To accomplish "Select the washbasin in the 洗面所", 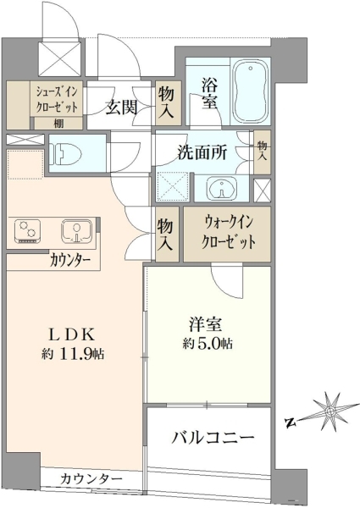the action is click(222, 188).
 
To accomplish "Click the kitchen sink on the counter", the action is click(76, 230).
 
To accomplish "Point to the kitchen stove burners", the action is click(27, 230).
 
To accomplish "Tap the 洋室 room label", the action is click(206, 325).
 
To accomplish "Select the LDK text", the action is click(71, 335).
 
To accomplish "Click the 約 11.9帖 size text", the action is click(73, 354).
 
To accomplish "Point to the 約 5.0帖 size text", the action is click(208, 344).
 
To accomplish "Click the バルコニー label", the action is click(213, 439).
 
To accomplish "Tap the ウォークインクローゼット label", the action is click(228, 233).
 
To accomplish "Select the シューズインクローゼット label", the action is click(57, 100).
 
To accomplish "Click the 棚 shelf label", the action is click(58, 124).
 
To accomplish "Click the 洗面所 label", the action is click(202, 152).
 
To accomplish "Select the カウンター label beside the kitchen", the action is click(70, 260).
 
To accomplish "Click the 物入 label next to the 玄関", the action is click(166, 103).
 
